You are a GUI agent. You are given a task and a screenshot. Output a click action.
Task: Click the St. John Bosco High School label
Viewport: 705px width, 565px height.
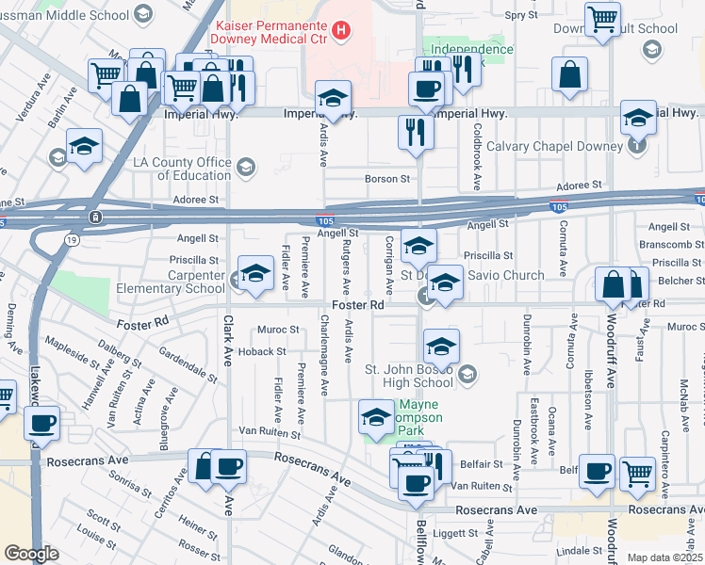(x=407, y=375)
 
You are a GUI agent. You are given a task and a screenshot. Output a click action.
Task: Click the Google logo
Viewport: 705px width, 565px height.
(x=31, y=554)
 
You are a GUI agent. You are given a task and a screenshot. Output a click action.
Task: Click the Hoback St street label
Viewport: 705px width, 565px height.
(x=261, y=351)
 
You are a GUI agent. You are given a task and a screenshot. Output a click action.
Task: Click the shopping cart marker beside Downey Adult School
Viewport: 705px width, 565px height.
(x=601, y=19)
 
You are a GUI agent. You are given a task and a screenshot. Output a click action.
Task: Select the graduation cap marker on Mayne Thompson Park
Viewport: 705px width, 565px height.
(x=376, y=417)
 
